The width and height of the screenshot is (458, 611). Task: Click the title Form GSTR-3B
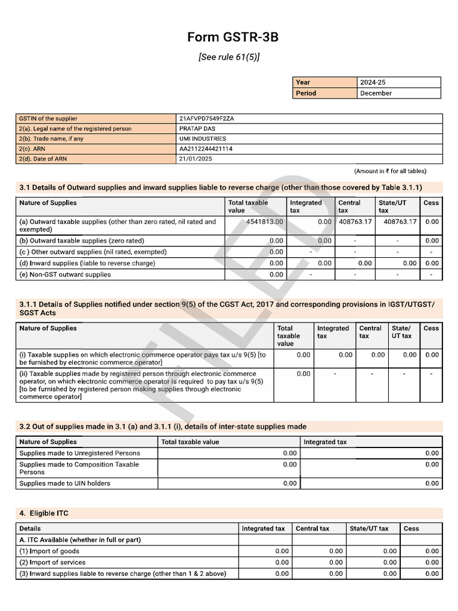click(233, 38)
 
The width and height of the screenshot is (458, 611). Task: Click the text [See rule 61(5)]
click(233, 57)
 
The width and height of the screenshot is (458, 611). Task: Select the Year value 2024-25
click(373, 82)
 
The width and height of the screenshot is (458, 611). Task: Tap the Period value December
click(376, 93)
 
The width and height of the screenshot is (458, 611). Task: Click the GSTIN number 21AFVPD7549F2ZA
click(206, 119)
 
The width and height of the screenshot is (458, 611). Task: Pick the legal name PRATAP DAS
click(198, 129)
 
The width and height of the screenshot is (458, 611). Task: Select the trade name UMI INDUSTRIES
click(202, 139)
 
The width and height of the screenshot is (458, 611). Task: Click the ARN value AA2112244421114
click(206, 149)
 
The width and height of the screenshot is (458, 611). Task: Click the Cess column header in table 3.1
click(431, 203)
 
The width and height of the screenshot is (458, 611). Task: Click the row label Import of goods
click(49, 551)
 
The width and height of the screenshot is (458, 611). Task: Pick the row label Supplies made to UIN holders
click(64, 483)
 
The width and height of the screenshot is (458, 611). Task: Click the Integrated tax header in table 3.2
click(325, 442)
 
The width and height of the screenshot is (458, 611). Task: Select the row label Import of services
click(52, 562)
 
